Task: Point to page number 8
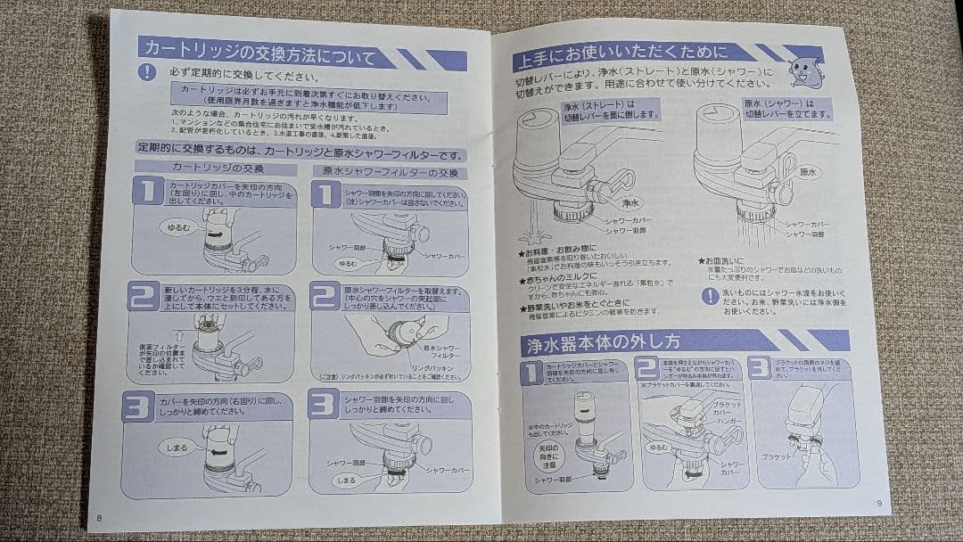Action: pyautogui.click(x=99, y=516)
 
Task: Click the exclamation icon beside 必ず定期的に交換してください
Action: pyautogui.click(x=147, y=73)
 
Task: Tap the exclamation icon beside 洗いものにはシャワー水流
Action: pyautogui.click(x=710, y=296)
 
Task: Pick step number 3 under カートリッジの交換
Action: pyautogui.click(x=139, y=406)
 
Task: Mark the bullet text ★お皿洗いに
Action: pyautogui.click(x=727, y=260)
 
